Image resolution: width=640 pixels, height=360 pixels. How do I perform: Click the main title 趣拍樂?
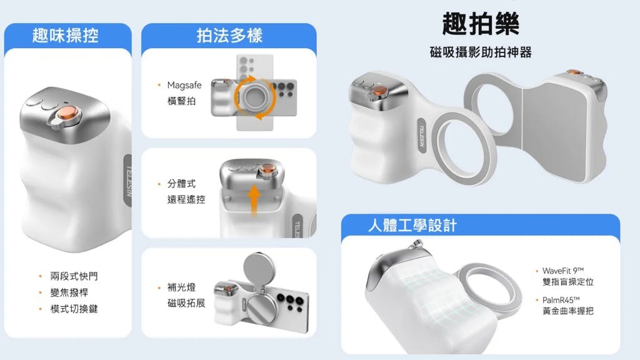pyautogui.click(x=481, y=23)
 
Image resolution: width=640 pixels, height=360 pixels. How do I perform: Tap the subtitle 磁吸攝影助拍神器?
pyautogui.click(x=481, y=52)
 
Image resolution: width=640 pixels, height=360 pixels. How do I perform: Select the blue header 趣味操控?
pyautogui.click(x=65, y=36)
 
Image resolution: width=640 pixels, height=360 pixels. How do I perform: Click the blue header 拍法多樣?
pyautogui.click(x=229, y=36)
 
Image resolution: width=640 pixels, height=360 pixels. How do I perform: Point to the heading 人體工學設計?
pyautogui.click(x=412, y=225)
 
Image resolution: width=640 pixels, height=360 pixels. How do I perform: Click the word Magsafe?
pyautogui.click(x=184, y=85)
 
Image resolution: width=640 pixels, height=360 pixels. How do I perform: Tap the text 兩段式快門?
pyautogui.click(x=74, y=276)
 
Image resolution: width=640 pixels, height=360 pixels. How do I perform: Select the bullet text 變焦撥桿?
pyautogui.click(x=69, y=292)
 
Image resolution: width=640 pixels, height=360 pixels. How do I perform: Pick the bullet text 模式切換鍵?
pyautogui.click(x=74, y=309)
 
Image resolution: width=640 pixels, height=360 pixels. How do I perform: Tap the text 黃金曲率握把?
pyautogui.click(x=567, y=311)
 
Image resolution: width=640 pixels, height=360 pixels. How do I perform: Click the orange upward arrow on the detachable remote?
pyautogui.click(x=254, y=200)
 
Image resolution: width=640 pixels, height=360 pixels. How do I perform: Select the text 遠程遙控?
pyautogui.click(x=186, y=199)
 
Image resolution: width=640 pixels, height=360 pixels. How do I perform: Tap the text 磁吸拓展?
pyautogui.click(x=186, y=303)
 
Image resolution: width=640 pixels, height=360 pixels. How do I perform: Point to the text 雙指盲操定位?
pyautogui.click(x=567, y=282)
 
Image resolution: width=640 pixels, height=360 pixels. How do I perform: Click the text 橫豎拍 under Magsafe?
pyautogui.click(x=182, y=101)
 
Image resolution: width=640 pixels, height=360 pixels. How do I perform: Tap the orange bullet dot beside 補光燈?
pyautogui.click(x=159, y=287)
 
